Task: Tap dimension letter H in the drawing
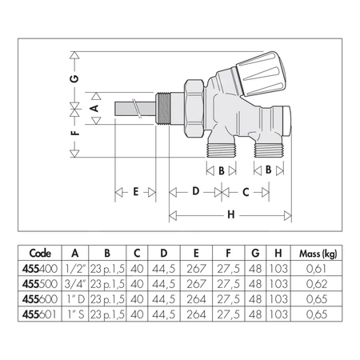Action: pos(231,215)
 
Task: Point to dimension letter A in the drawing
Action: pos(94,106)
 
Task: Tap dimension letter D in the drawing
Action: pos(194,192)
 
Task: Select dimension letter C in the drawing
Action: pos(246,192)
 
